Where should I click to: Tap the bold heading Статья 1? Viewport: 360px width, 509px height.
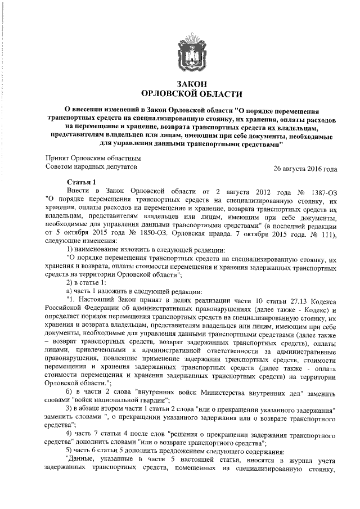[x=82, y=182]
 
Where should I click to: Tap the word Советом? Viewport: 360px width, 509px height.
[x=60, y=167]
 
